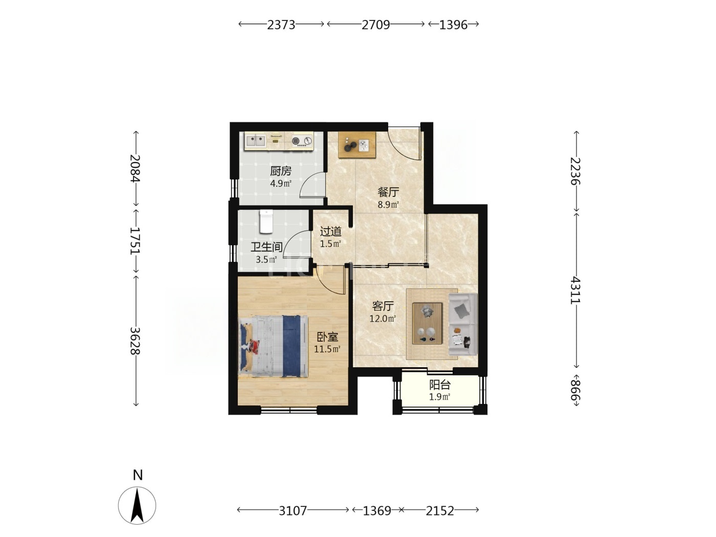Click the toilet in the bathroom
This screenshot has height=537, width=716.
click(266, 222)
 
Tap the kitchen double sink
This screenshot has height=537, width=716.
click(255, 141)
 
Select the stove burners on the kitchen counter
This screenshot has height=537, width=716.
click(301, 141)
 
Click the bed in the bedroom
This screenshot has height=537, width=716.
click(274, 346)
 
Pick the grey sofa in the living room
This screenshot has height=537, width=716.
click(463, 324)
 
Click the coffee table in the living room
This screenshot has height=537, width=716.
click(428, 323)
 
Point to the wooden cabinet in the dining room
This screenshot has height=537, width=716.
click(357, 145)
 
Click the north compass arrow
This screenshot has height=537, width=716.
click(137, 506)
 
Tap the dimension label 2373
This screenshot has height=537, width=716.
click(281, 25)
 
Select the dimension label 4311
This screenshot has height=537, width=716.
click(575, 290)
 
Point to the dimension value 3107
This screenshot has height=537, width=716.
click(293, 510)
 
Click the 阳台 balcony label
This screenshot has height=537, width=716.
click(440, 385)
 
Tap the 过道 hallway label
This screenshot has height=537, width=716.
click(330, 232)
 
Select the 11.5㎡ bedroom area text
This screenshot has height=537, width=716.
click(327, 349)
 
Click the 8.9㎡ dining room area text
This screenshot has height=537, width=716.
click(388, 205)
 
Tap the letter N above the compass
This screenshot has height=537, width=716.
click(138, 475)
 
